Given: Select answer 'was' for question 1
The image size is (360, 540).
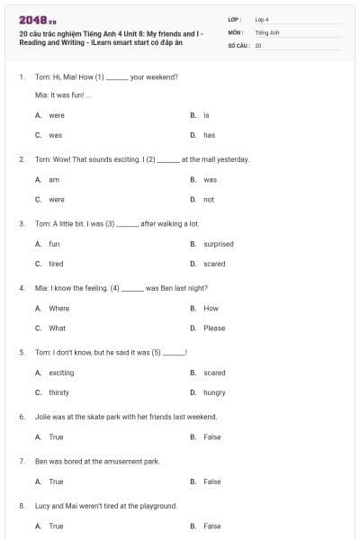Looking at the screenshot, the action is tap(55, 135).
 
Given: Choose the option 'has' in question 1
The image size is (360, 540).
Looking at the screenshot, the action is tap(209, 135).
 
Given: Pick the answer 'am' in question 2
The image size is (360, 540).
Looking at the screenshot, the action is tap(53, 179).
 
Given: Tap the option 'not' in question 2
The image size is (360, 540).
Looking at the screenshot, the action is tap(209, 199).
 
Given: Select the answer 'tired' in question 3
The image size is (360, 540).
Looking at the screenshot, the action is tap(56, 264).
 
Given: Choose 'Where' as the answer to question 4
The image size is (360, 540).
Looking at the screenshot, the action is tap(58, 308).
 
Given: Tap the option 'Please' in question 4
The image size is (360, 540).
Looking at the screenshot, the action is tap(214, 328).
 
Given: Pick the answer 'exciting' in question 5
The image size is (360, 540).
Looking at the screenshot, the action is tap(61, 373).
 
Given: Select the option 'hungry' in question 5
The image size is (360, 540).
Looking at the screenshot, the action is tap(214, 392).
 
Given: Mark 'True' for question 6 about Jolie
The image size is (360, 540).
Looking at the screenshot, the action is tap(56, 436).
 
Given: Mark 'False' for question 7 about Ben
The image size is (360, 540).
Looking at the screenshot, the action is tap(211, 481).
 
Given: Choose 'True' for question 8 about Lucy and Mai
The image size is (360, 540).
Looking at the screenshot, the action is tap(56, 526).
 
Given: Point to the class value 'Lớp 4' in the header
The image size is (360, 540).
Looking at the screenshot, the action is tap(262, 18).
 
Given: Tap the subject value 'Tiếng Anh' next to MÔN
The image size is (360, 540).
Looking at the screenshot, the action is tap(267, 31).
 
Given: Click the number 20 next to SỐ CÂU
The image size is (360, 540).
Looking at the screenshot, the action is tap(258, 44).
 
